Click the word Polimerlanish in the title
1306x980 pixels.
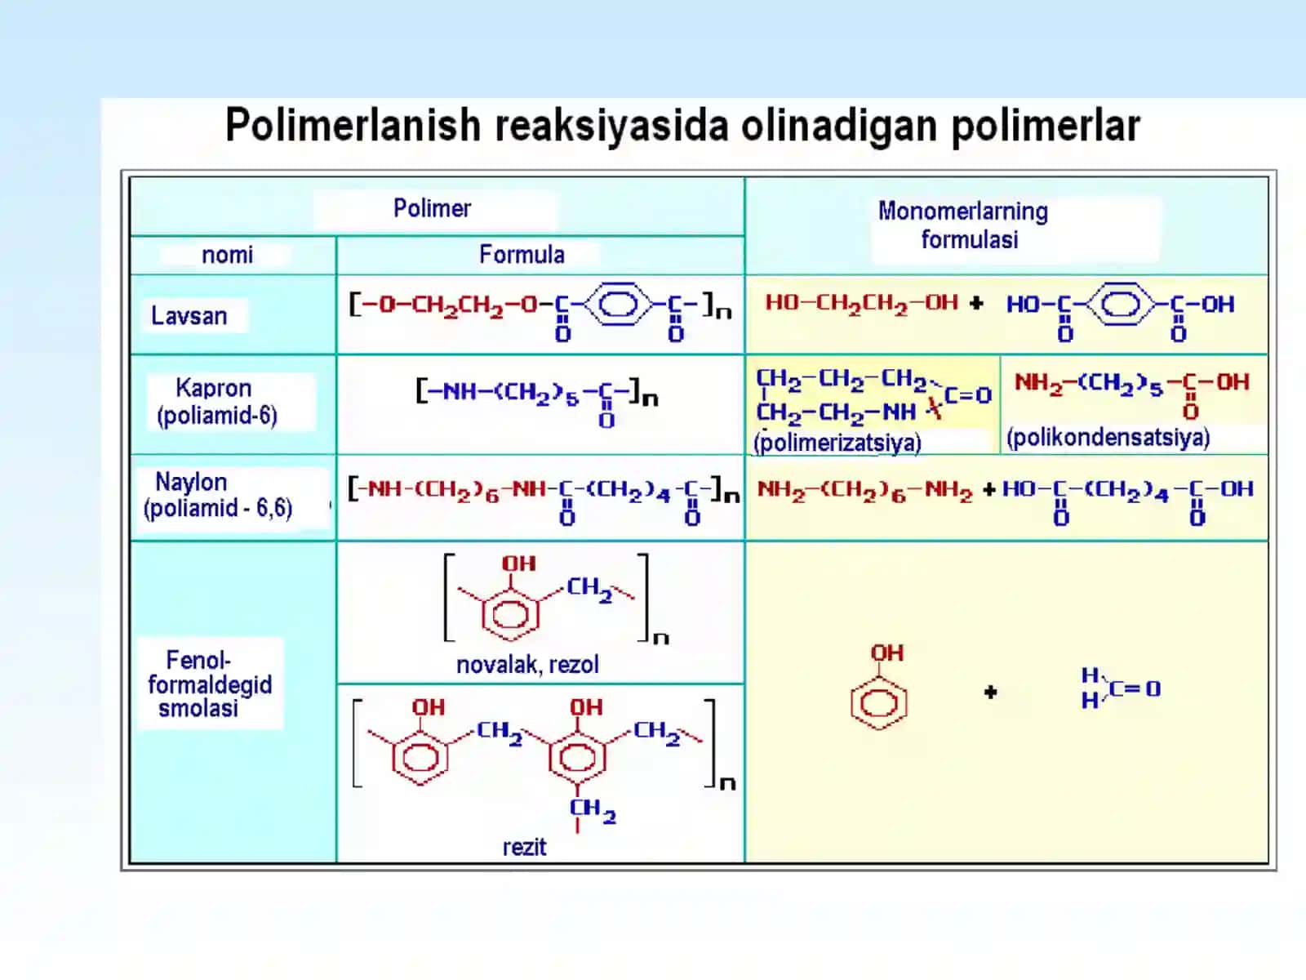[x=353, y=126]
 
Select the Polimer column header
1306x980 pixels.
[x=432, y=208]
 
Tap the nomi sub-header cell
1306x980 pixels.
[x=227, y=255]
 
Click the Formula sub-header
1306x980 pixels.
[x=522, y=255]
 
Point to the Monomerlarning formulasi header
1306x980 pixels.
[x=963, y=225]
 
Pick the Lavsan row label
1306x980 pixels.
[x=189, y=316]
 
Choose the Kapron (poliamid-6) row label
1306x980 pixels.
[x=216, y=402]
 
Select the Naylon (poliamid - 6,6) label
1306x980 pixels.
[x=218, y=495]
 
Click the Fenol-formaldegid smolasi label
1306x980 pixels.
[x=210, y=684]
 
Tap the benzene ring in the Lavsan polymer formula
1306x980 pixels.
[x=618, y=304]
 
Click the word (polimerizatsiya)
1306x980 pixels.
[x=837, y=443]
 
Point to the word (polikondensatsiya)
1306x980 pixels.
[x=1108, y=438]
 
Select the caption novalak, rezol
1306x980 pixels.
[x=528, y=665]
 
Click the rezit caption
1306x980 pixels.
[x=524, y=847]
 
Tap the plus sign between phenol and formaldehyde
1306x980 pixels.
[x=991, y=692]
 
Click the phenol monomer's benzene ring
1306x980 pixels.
[x=879, y=704]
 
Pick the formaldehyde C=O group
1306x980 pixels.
[x=1135, y=689]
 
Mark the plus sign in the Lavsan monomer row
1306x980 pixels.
[x=975, y=304]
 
